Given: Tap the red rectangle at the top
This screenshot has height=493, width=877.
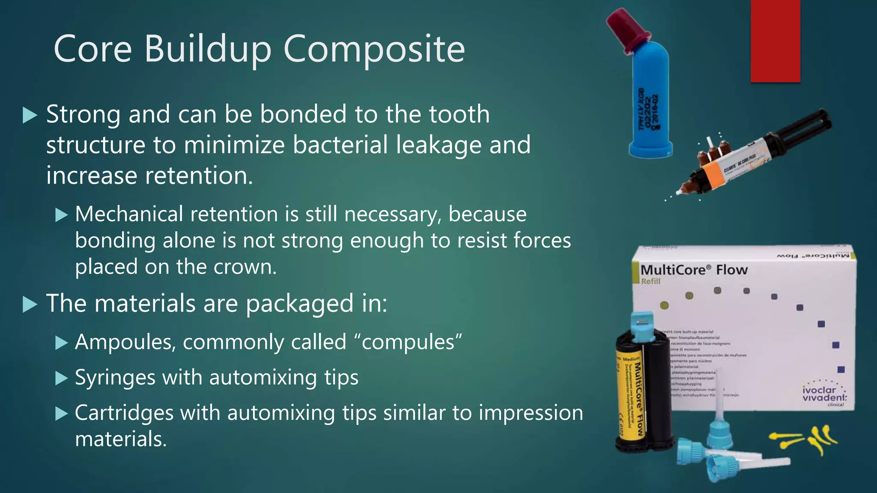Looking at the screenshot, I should tap(775, 41).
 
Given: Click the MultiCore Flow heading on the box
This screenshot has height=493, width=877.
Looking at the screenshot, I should tap(694, 270).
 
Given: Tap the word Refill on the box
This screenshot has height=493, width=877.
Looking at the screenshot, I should tap(650, 281).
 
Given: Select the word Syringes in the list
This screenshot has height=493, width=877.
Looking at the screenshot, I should tap(115, 377).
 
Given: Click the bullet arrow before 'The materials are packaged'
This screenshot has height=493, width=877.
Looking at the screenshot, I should tap(30, 304).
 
